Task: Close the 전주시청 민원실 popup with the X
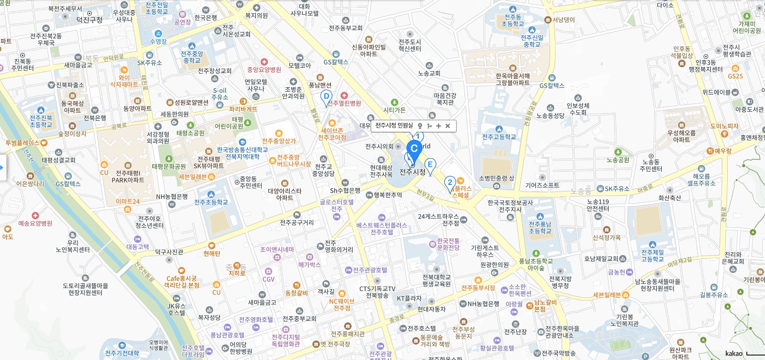pyautogui.click(x=448, y=126)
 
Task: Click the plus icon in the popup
pyautogui.click(x=438, y=126)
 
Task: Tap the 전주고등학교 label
pyautogui.click(x=499, y=137)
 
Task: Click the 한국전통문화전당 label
pyautogui.click(x=448, y=244)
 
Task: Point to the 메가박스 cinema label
pyautogui.click(x=309, y=264)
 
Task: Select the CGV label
pyautogui.click(x=268, y=279)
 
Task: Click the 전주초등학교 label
pyautogui.click(x=211, y=202)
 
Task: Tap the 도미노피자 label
pyautogui.click(x=724, y=126)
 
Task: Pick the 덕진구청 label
pyautogui.click(x=89, y=20)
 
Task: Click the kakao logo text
pyautogui.click(x=734, y=353)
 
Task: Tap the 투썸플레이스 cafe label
pyautogui.click(x=23, y=143)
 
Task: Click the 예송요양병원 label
pyautogui.click(x=35, y=223)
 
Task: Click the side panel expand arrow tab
pyautogui.click(x=2, y=168)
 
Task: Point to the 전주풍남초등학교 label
pyautogui.click(x=540, y=227)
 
